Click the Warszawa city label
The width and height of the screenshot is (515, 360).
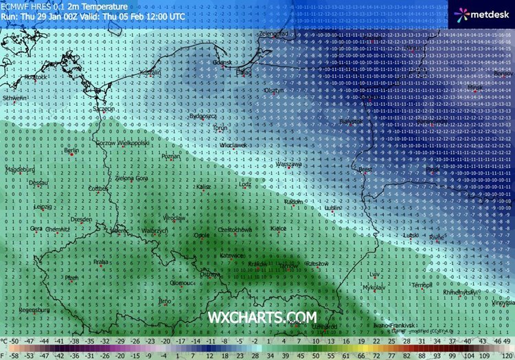288,165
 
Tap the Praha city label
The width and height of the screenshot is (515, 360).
101,261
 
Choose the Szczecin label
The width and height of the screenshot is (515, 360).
104,109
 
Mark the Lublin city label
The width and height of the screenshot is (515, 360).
334,207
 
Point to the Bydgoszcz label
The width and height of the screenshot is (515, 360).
203,117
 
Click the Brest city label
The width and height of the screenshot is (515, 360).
365,169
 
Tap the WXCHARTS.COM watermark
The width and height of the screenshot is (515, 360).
262,317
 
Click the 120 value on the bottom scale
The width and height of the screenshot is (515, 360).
507,355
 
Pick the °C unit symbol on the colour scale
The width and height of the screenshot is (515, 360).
5,341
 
